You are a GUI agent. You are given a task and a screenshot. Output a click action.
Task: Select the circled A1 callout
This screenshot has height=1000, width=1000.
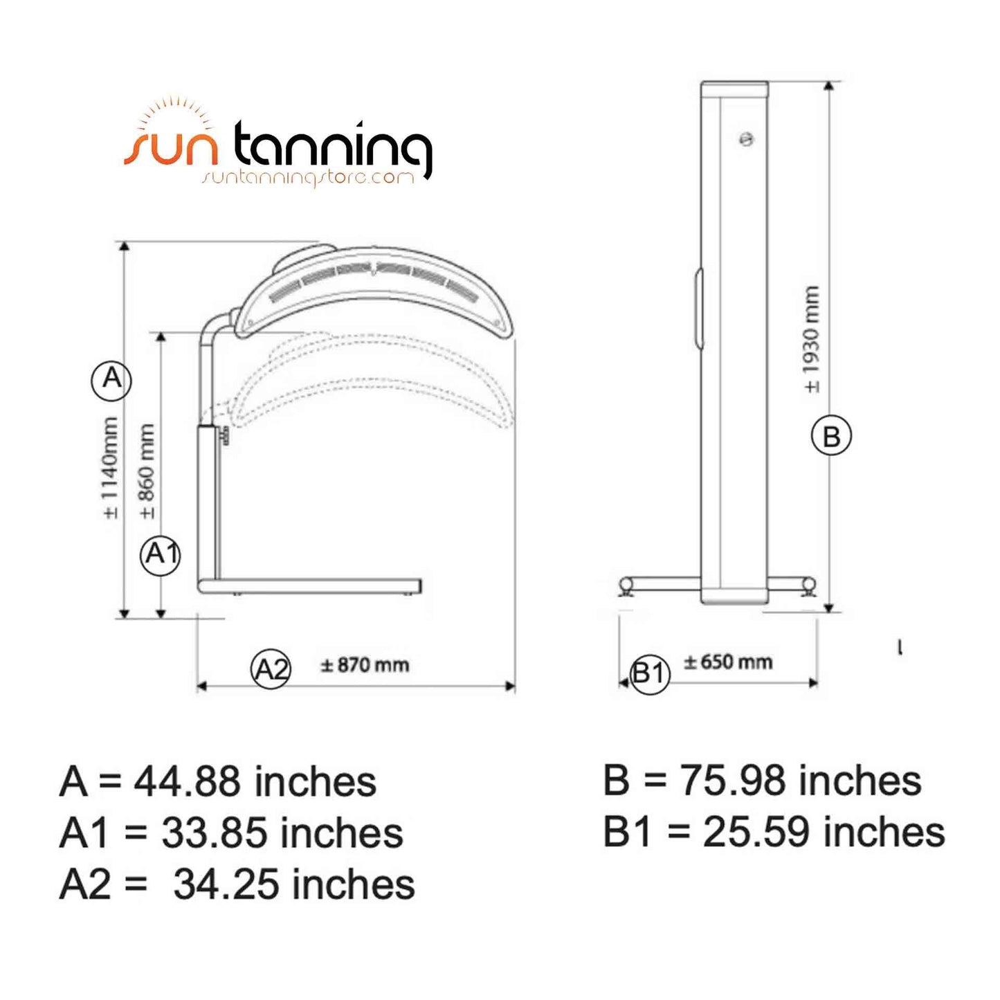coord(161,555)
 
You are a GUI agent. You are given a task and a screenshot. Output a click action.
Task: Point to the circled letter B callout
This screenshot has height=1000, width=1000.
coord(831,437)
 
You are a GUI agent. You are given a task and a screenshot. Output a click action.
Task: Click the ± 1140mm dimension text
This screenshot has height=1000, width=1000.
coord(111,467)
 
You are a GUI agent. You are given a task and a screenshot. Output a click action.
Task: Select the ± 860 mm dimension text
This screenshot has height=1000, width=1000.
coord(147,471)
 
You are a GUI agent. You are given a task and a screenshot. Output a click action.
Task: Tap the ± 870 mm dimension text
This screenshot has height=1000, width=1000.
coord(365,665)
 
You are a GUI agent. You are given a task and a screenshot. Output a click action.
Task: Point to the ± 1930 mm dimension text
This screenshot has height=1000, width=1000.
coord(811,339)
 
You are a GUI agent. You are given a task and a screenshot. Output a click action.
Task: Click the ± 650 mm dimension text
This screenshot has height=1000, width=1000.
coord(729,662)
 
